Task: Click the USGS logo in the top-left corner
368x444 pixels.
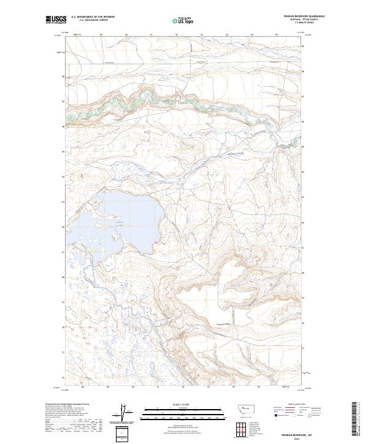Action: pos(56,21)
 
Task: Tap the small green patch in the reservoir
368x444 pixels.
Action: pos(93,249)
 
